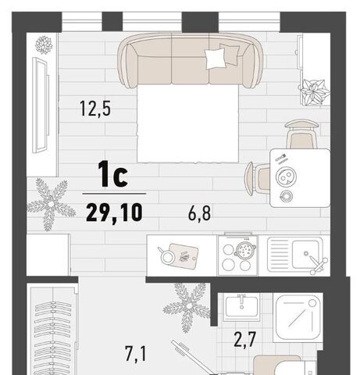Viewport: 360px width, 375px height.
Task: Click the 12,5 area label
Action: coord(95,109)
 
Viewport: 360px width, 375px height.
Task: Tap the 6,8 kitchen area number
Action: coord(199,213)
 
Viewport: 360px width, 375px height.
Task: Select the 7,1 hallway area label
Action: coord(136,353)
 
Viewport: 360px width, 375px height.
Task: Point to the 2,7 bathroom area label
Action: coord(245,340)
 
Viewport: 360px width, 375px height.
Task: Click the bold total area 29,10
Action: coord(114,212)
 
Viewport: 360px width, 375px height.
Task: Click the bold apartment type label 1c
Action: coord(112,173)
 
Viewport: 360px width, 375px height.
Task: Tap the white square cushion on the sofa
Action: coord(215,59)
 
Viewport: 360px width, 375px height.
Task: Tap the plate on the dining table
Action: coord(286,177)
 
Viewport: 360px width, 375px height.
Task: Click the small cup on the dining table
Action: coord(286,195)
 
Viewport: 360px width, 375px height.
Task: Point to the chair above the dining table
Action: coord(302,134)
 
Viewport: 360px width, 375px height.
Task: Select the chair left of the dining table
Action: coord(257,178)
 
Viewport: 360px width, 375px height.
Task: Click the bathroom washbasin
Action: coord(241,307)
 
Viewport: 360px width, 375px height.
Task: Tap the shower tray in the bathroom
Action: coord(298,317)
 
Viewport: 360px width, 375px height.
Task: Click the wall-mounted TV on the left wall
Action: coord(41,105)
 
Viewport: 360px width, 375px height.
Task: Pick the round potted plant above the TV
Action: coord(44,45)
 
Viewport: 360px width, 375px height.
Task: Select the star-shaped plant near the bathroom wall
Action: coord(187,306)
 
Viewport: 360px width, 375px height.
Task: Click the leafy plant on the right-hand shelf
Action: coord(315,92)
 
